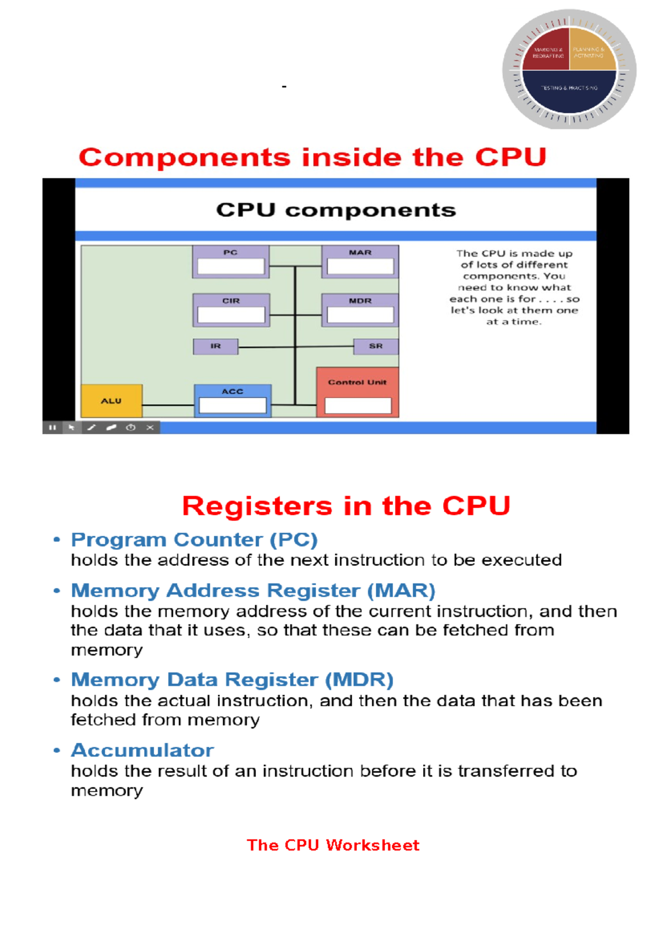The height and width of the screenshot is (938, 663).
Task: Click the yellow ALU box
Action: [x=112, y=401]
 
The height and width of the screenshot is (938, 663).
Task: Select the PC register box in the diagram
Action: [x=231, y=262]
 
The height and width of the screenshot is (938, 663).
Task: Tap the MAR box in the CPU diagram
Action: [x=360, y=262]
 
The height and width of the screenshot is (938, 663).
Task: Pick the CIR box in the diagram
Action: [x=231, y=310]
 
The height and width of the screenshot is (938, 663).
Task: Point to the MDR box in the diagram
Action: [x=360, y=310]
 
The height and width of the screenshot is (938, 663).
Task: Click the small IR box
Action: [x=215, y=346]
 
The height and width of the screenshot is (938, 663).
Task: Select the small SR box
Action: [x=376, y=346]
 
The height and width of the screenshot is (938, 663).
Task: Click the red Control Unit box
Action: [x=357, y=392]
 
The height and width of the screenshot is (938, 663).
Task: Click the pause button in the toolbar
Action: [x=52, y=428]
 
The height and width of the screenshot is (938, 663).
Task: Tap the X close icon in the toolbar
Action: [x=150, y=428]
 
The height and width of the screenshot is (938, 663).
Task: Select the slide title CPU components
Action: [x=336, y=210]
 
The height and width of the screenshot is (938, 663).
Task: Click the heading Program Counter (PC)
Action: [x=194, y=540]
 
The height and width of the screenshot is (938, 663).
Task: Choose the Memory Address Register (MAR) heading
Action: [x=253, y=591]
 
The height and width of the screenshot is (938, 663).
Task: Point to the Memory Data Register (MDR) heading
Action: [x=232, y=680]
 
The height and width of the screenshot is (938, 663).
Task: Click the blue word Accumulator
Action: [x=143, y=751]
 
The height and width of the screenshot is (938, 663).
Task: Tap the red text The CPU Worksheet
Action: [x=333, y=845]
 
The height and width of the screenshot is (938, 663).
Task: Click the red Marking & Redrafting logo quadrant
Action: [x=547, y=52]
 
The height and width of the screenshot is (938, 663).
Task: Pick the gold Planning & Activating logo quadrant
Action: [x=590, y=52]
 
